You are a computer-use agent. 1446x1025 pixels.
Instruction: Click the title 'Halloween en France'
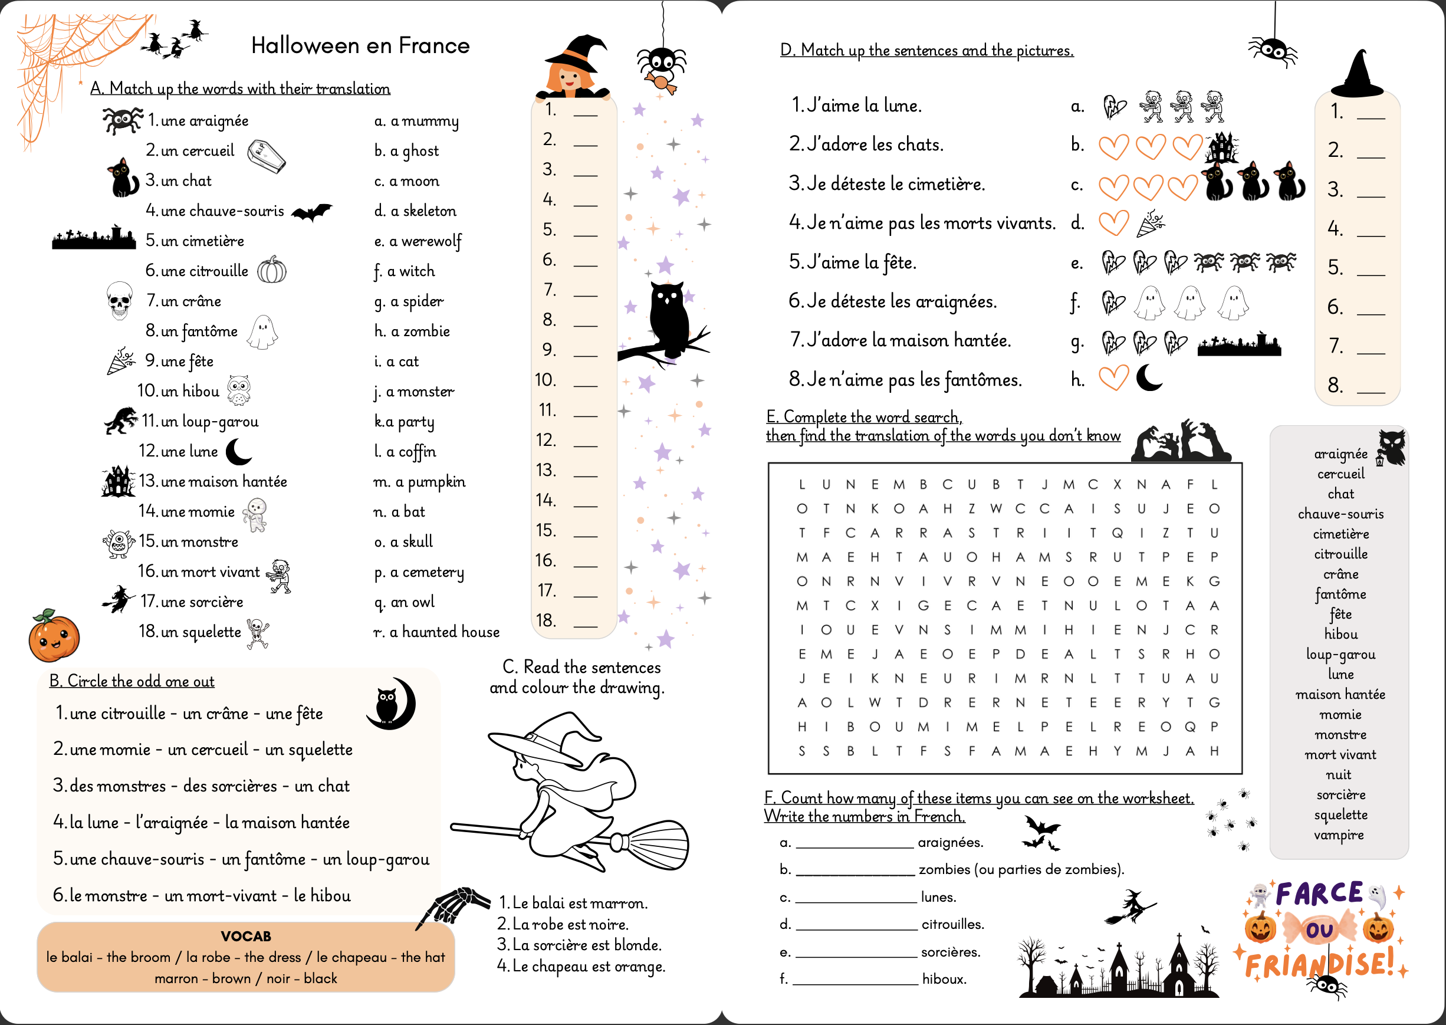(360, 45)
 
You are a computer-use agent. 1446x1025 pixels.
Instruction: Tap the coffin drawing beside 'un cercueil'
(266, 155)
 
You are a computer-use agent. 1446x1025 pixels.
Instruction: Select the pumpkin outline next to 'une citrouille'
(272, 270)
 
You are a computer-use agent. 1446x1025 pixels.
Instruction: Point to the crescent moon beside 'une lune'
(239, 451)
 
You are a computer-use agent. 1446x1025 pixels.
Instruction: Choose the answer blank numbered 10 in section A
(585, 381)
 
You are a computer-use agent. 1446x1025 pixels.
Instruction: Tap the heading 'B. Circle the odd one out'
(132, 681)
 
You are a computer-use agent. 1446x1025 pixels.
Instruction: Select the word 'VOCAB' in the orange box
(245, 936)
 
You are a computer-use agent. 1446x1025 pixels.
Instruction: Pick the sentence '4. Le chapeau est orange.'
(581, 965)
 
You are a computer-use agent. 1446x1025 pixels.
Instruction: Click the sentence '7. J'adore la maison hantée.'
(900, 340)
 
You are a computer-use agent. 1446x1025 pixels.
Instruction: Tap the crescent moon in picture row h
(1149, 378)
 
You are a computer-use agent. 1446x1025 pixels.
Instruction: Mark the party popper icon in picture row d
(1150, 224)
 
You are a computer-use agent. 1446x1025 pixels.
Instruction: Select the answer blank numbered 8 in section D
(1371, 386)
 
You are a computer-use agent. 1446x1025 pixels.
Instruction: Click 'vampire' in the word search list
(1339, 835)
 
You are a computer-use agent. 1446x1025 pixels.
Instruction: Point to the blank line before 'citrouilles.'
(856, 925)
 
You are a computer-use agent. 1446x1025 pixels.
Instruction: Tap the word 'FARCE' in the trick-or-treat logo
(1319, 893)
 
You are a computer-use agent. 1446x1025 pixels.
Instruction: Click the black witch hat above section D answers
(1357, 75)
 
